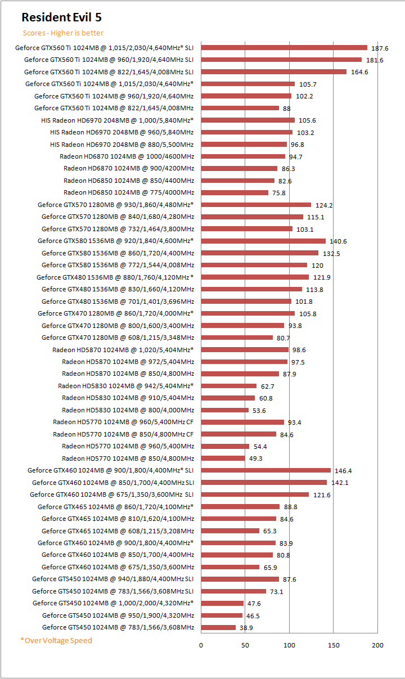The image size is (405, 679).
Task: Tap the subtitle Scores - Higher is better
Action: pos(63,33)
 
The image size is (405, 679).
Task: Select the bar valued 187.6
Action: pos(283,48)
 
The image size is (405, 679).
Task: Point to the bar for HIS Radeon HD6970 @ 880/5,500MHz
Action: pos(244,145)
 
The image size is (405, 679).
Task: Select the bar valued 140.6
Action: pos(263,241)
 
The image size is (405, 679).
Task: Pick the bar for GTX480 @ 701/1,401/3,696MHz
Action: pos(246,301)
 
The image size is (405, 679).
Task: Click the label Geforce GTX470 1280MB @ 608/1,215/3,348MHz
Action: pos(118,338)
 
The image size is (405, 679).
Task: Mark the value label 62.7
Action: pos(267,386)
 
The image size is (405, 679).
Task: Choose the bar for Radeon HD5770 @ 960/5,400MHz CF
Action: pos(242,422)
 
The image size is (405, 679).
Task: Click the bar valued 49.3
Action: pos(223,458)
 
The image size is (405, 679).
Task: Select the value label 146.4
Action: pos(343,471)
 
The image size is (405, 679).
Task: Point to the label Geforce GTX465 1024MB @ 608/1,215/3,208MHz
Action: pos(118,530)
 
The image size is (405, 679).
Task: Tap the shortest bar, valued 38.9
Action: pos(218,627)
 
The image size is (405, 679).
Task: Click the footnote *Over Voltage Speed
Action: pos(56,640)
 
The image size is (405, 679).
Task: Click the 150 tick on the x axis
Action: pos(334,645)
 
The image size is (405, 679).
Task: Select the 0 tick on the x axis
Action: pos(201,645)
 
